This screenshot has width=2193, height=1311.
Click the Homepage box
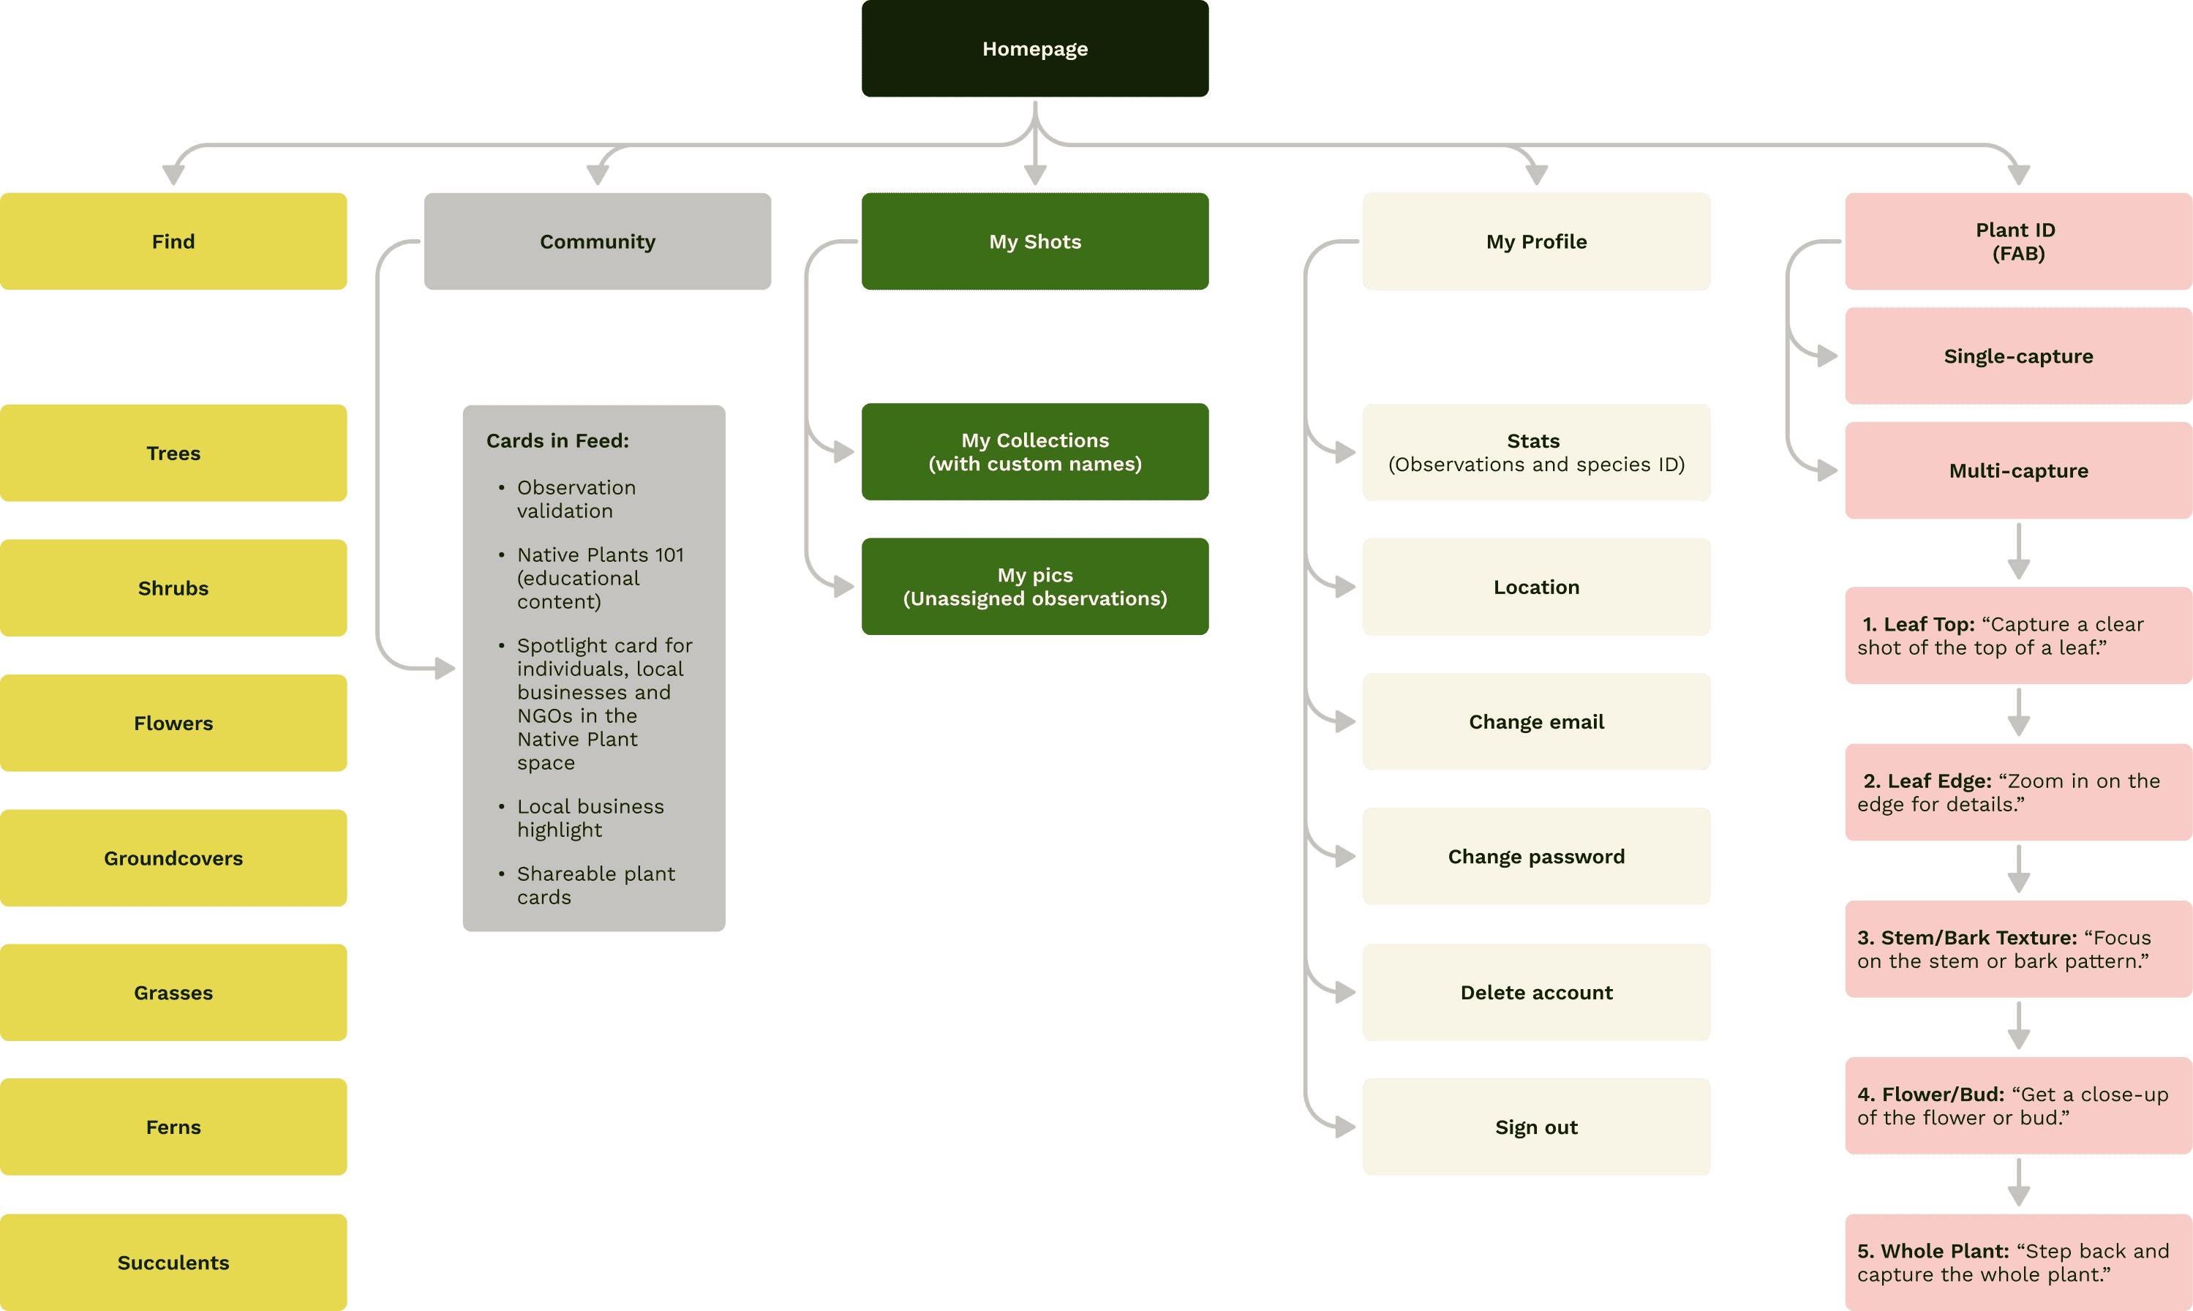(x=1035, y=48)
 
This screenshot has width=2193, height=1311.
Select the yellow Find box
(x=173, y=241)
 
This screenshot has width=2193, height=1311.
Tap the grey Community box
(x=597, y=241)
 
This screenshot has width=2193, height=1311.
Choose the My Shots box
(x=1035, y=241)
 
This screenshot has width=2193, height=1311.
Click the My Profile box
(x=1536, y=241)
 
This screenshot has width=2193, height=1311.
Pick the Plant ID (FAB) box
(x=2018, y=241)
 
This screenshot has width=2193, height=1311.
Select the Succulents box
(x=173, y=1263)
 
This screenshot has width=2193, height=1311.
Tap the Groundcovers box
(x=173, y=858)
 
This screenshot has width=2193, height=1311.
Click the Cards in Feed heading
(x=557, y=441)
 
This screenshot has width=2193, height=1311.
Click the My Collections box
(x=1035, y=451)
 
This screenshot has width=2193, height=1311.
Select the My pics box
(x=1035, y=587)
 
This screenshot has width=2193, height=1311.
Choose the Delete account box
(x=1536, y=992)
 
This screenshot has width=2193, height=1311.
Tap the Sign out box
(x=1536, y=1127)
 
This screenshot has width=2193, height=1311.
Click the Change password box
(x=1536, y=856)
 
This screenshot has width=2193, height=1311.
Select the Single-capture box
(x=2018, y=356)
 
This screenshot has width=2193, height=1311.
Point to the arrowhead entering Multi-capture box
(x=1827, y=471)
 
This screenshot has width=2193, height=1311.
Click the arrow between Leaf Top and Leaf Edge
(x=2018, y=712)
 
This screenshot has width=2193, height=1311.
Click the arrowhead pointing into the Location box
(x=1345, y=587)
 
